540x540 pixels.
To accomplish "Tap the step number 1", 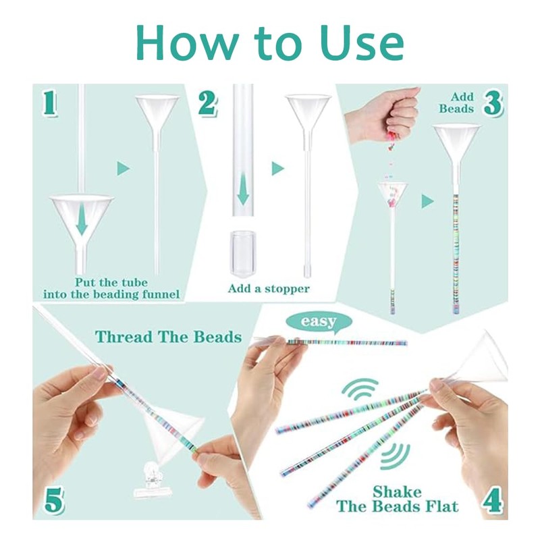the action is (x=50, y=103).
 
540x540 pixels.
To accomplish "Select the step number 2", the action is (x=207, y=103).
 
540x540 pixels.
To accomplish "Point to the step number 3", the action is (x=493, y=104).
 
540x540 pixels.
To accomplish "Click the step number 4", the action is (x=492, y=499).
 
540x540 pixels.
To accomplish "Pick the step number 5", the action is (x=54, y=499).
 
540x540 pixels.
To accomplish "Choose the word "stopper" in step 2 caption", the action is (x=288, y=289).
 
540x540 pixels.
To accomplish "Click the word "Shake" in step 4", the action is (x=397, y=491).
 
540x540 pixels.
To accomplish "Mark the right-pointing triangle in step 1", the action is (x=123, y=169).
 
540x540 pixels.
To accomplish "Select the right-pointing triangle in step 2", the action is (x=277, y=169).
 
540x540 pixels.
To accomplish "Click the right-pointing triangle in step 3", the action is (x=427, y=201).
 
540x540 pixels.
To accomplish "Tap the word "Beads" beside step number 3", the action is (x=456, y=109).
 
